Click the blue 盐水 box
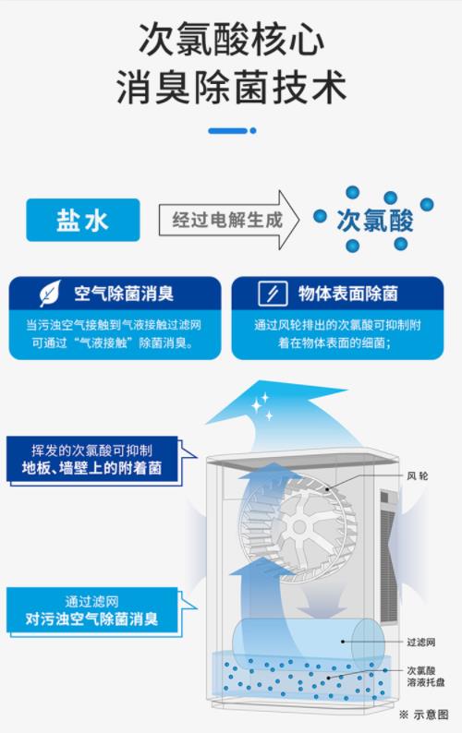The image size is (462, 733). (83, 220)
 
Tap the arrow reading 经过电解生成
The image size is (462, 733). (228, 220)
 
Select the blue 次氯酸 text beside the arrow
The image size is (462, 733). (375, 221)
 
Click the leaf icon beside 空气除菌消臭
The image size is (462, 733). (50, 293)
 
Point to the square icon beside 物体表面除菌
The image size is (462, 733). (273, 294)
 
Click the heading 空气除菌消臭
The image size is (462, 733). (124, 294)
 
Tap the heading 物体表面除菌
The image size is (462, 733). (347, 294)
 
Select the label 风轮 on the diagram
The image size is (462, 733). (417, 476)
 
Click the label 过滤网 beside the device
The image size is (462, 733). (420, 643)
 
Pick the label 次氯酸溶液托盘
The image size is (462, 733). (425, 677)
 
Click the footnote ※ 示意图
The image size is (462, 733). (423, 715)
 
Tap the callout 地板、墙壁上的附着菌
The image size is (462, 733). (91, 468)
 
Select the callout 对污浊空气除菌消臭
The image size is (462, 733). (91, 619)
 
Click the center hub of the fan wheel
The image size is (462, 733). (298, 528)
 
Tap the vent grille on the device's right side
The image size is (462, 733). (388, 557)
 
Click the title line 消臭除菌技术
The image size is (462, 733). (231, 88)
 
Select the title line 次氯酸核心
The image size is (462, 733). (231, 39)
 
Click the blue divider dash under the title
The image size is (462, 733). (227, 131)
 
